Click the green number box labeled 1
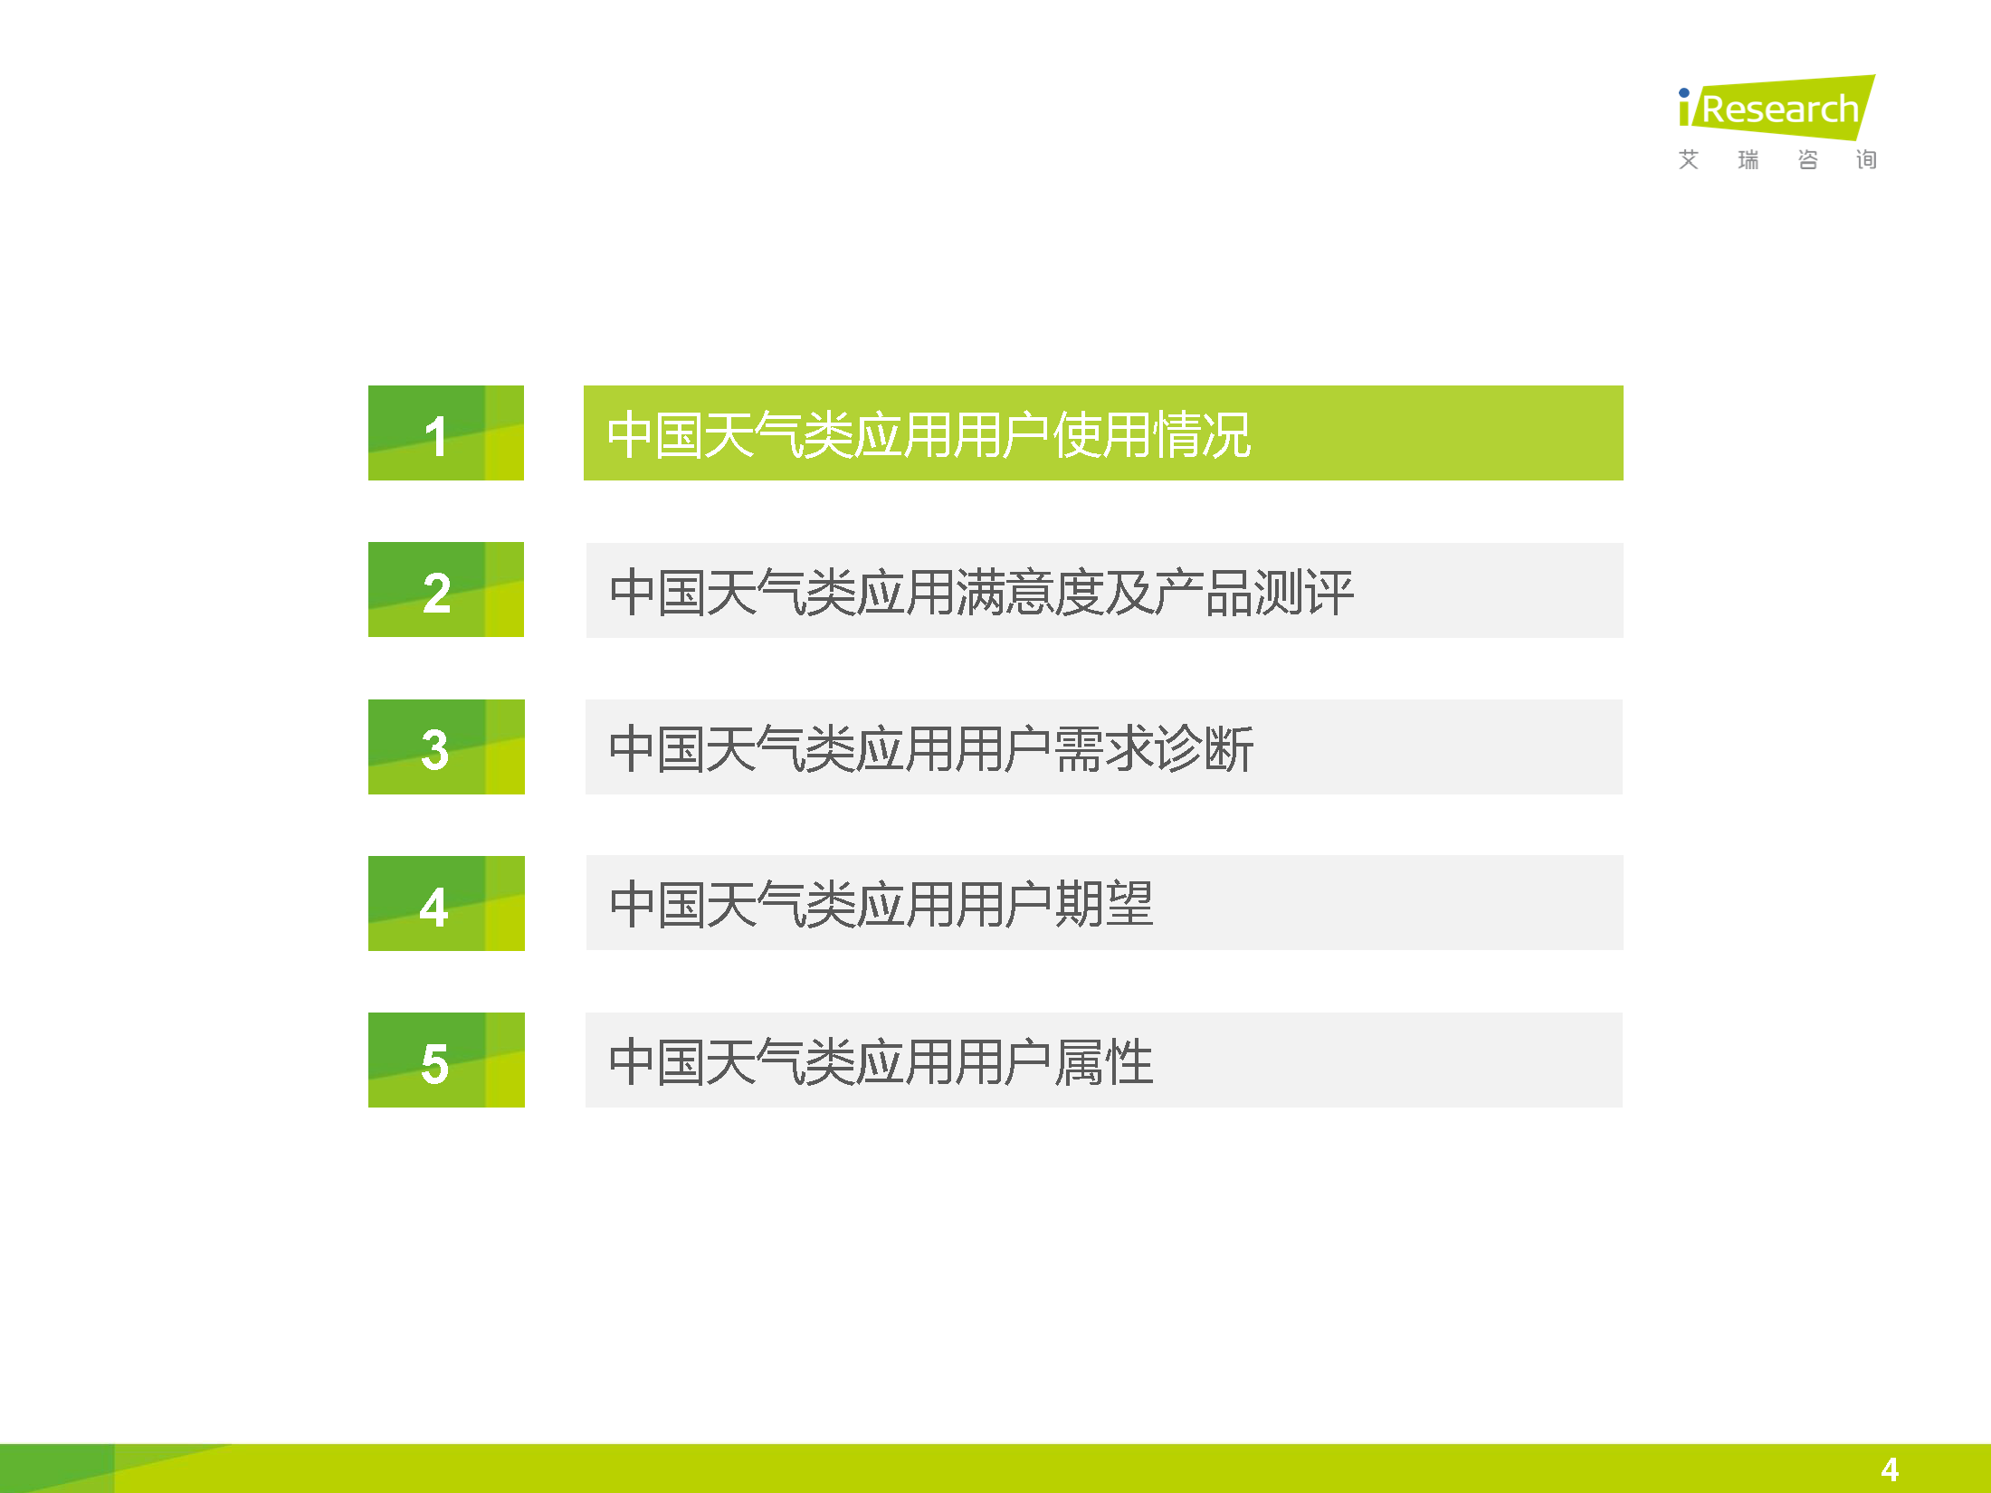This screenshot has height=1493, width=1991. (446, 433)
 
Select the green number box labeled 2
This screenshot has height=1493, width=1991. (446, 589)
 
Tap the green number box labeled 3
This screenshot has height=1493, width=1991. (446, 746)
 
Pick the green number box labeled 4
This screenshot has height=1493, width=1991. (446, 903)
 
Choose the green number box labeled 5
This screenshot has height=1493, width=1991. (446, 1060)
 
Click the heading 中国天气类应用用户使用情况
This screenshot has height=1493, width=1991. (929, 434)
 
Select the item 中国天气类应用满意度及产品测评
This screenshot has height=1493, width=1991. (981, 593)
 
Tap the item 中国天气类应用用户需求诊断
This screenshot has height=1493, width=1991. (931, 749)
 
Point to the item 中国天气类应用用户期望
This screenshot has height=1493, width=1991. (881, 904)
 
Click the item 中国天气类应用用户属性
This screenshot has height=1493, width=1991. (881, 1061)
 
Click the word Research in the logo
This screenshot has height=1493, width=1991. (1780, 109)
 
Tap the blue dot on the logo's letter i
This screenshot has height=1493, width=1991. (1684, 92)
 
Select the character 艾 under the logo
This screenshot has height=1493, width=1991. (1689, 160)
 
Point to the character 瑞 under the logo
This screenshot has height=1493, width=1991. (1748, 160)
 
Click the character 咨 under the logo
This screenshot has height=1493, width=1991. (1808, 160)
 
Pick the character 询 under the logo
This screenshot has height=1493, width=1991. (1866, 160)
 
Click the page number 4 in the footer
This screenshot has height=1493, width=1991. (1890, 1469)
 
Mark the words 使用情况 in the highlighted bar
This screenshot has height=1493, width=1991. (1152, 434)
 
